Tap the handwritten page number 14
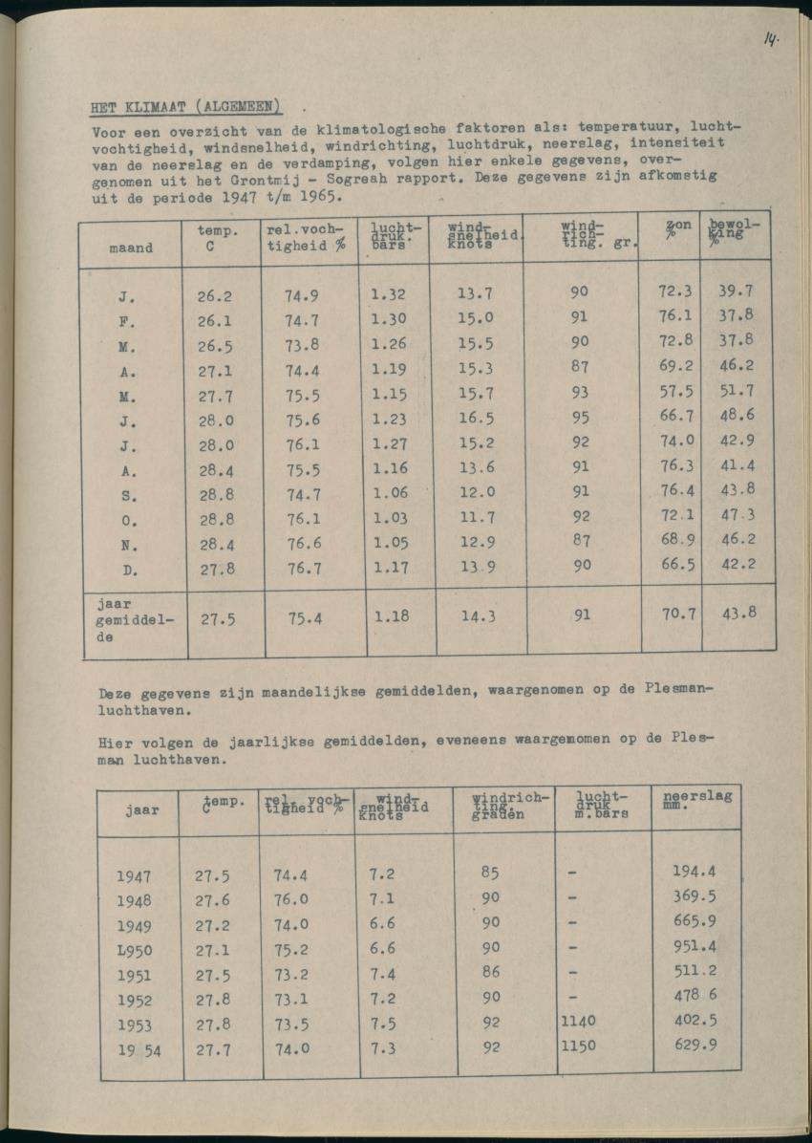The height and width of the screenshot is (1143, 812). pyautogui.click(x=770, y=39)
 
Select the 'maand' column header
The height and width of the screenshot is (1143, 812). pyautogui.click(x=131, y=248)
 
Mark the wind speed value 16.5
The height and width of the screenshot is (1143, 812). pyautogui.click(x=476, y=417)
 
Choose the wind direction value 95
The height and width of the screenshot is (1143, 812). pyautogui.click(x=579, y=417)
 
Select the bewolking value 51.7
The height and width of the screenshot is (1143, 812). pyautogui.click(x=737, y=390)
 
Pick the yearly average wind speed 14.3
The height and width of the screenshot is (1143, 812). pyautogui.click(x=479, y=616)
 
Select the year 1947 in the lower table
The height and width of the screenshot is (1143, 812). pyautogui.click(x=134, y=875)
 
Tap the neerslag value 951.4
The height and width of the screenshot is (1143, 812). pyautogui.click(x=694, y=946)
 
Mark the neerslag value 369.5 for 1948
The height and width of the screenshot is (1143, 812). pyautogui.click(x=694, y=896)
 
